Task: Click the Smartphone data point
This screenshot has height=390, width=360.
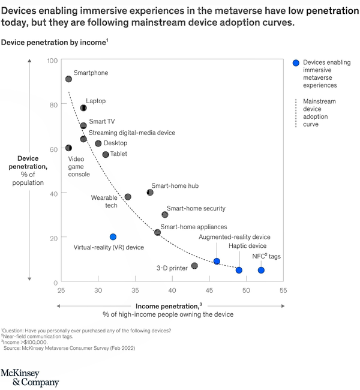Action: tap(68, 79)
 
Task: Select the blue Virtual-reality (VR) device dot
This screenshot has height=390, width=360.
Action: tap(113, 237)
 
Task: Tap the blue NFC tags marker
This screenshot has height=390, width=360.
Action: tap(261, 270)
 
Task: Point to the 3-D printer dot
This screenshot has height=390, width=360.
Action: tap(194, 266)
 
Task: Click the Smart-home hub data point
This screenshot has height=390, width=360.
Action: tap(150, 193)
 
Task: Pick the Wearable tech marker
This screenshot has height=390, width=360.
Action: tap(128, 197)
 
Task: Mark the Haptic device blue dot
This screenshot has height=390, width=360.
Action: tap(239, 270)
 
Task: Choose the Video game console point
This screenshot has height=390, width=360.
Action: tap(68, 148)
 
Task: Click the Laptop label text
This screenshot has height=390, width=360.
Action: tap(95, 101)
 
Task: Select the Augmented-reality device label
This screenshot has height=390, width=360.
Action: tap(235, 237)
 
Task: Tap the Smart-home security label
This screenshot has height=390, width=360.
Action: tap(196, 208)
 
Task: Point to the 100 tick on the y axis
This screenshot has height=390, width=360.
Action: tap(52, 61)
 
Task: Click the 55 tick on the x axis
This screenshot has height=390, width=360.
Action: tap(283, 291)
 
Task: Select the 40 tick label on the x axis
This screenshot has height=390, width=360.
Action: tap(172, 291)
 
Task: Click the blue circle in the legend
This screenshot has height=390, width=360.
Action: tap(295, 62)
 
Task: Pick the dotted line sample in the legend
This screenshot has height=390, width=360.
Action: tap(295, 112)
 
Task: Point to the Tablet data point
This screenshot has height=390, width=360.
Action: tap(106, 154)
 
